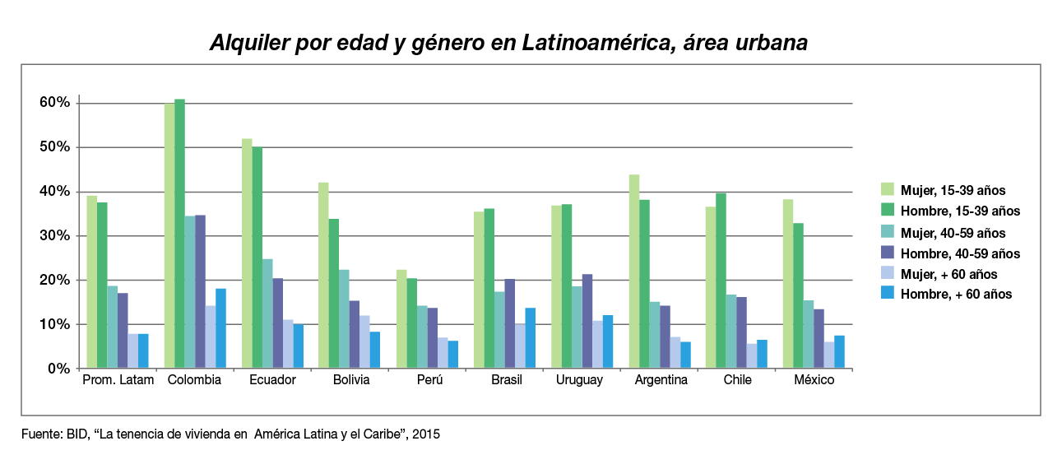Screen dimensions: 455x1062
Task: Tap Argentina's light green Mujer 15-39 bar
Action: click(634, 272)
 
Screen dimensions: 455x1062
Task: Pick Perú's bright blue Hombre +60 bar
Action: click(452, 355)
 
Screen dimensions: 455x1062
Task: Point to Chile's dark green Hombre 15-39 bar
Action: click(721, 281)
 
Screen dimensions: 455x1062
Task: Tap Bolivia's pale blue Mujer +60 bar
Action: click(365, 341)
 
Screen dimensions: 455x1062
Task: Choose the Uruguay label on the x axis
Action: click(579, 380)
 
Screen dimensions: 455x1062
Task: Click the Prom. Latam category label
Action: click(118, 380)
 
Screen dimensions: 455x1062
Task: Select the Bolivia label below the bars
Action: click(351, 380)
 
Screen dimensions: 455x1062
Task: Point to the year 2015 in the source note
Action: click(426, 434)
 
